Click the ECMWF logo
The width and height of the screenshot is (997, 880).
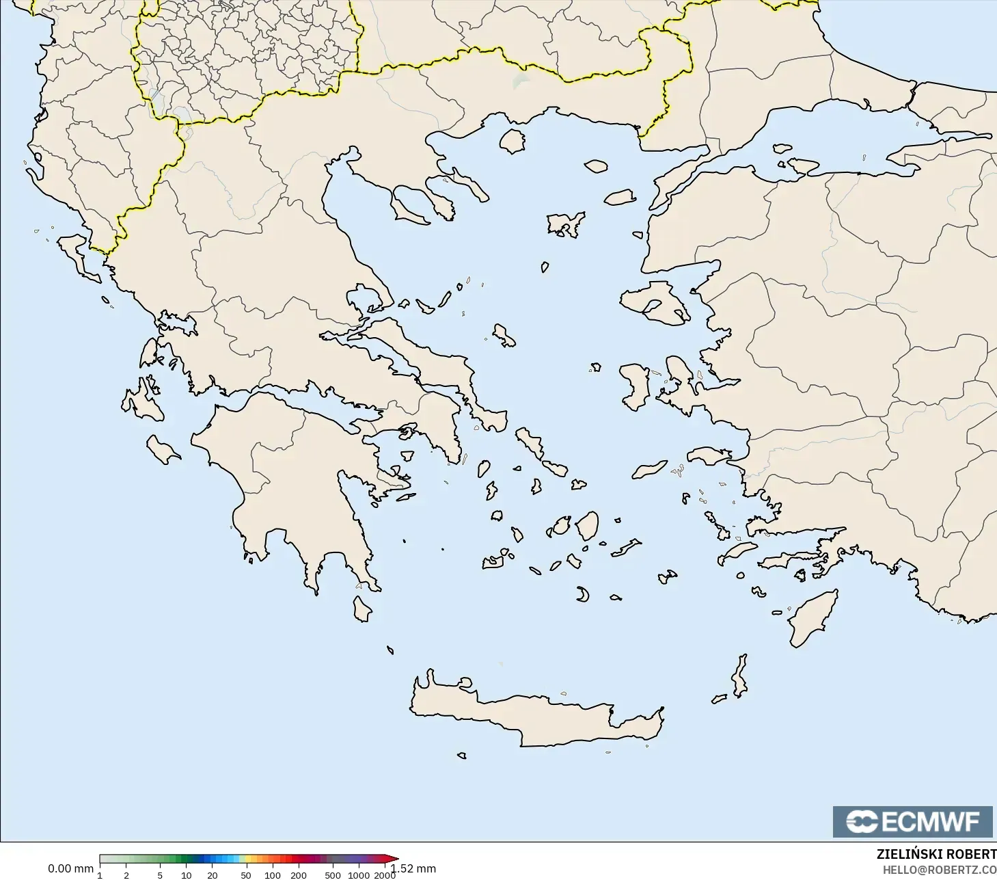(912, 821)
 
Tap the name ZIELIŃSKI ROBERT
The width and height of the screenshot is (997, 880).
(936, 855)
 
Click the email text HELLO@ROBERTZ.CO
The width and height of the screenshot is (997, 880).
(939, 870)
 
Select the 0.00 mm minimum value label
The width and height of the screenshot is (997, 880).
(70, 868)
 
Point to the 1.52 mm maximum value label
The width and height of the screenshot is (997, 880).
(413, 868)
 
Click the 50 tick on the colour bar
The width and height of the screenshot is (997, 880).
(245, 875)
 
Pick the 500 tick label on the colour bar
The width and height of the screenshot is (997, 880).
(333, 875)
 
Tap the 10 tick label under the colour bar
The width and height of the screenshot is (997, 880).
(186, 875)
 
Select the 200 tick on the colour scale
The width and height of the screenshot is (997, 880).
(298, 875)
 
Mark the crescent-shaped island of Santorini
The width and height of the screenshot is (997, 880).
(582, 594)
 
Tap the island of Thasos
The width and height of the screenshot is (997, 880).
(513, 141)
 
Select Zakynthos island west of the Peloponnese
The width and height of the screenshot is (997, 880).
(163, 449)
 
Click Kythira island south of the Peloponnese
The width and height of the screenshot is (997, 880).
(361, 609)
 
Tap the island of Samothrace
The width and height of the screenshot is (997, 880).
(596, 165)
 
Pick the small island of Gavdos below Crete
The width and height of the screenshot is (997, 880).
(462, 756)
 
